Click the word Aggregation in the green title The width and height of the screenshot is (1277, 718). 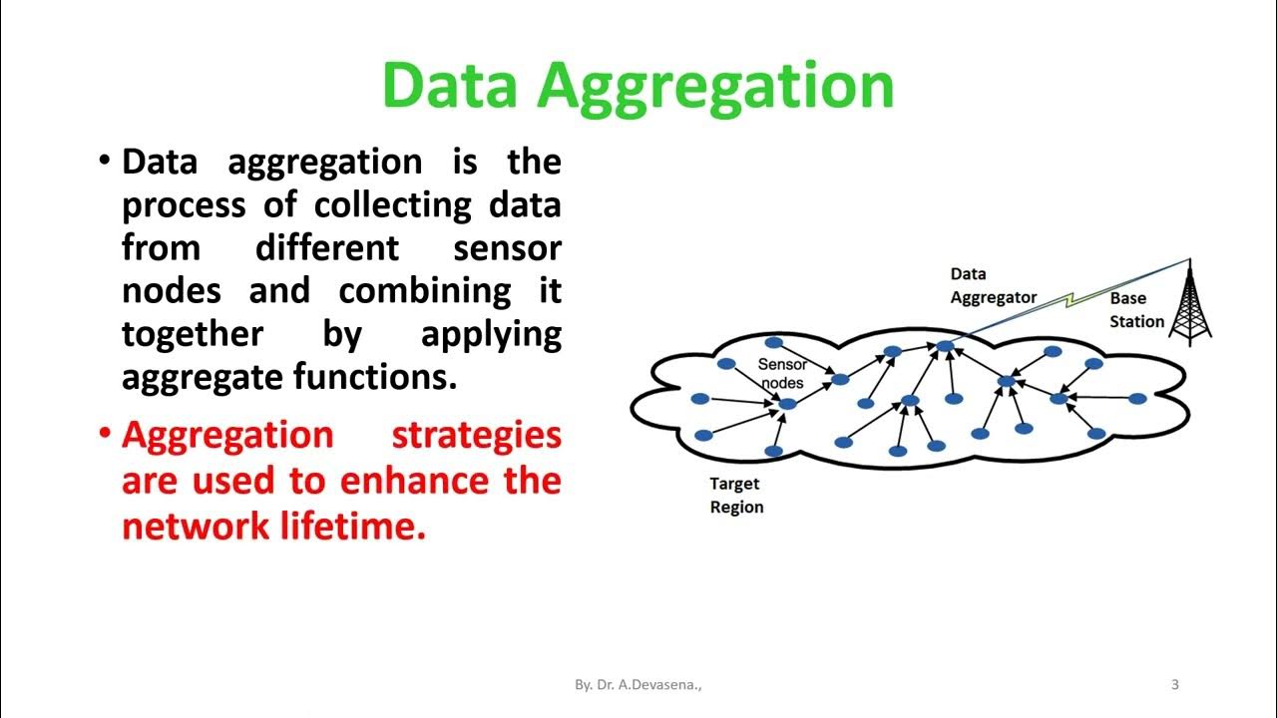(715, 86)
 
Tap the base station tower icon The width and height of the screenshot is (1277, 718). (1189, 302)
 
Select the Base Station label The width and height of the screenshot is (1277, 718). (1136, 310)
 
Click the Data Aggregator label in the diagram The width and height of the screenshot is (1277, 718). (993, 285)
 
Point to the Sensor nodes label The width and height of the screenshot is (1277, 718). (782, 373)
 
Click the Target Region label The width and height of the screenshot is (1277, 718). (736, 496)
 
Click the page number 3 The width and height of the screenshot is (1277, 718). (1174, 684)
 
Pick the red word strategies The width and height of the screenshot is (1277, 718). (476, 436)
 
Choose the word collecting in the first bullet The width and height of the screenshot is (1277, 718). (393, 205)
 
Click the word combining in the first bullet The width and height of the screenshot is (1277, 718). (425, 291)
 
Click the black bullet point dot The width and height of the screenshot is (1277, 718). (105, 161)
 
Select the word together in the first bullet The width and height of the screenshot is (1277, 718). (193, 334)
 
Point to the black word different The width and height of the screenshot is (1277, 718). (327, 247)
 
